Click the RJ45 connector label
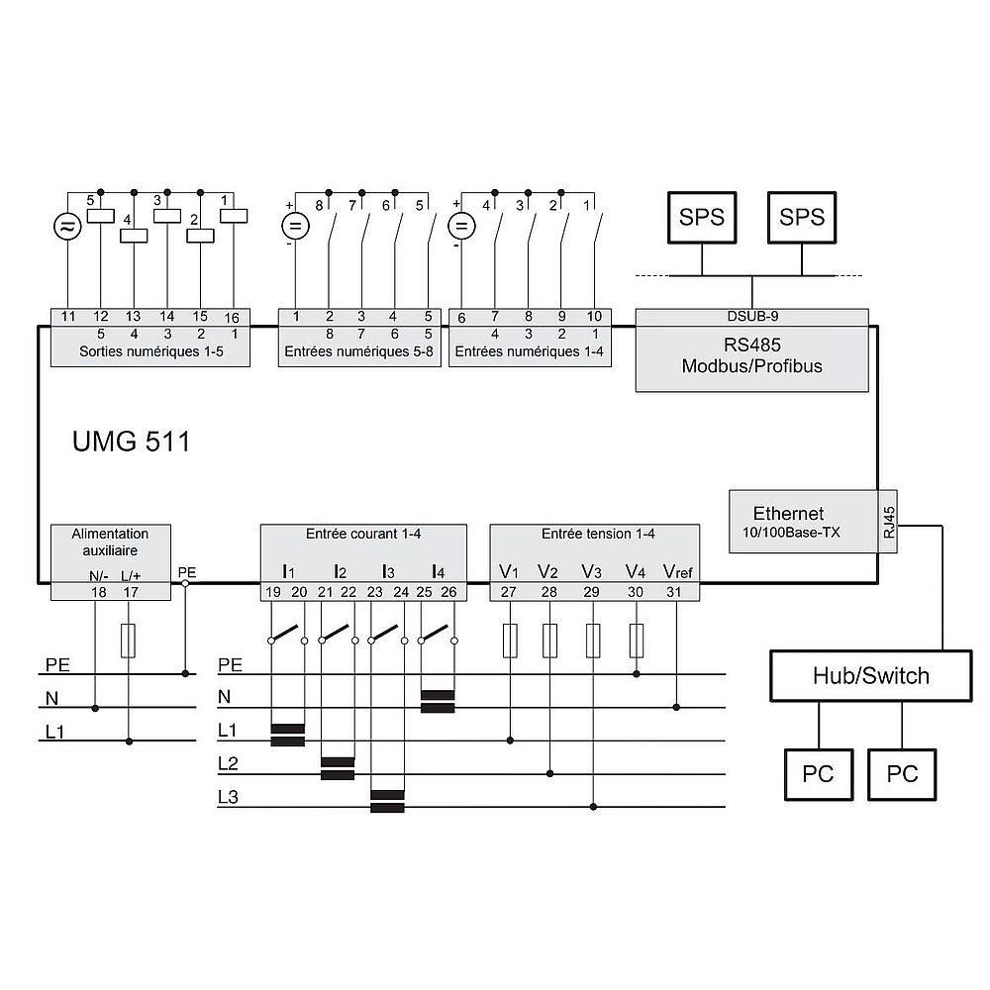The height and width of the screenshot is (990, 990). [888, 522]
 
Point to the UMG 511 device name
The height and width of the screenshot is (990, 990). [132, 442]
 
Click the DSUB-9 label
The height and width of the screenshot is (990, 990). [752, 316]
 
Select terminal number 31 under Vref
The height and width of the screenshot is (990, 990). [673, 592]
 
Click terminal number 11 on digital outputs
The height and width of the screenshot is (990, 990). [68, 317]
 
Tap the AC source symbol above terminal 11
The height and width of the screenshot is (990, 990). [67, 228]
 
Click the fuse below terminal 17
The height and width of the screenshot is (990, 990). [128, 641]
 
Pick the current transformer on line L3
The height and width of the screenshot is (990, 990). [387, 801]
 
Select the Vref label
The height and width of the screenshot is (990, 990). [677, 572]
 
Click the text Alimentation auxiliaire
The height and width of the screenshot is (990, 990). [110, 542]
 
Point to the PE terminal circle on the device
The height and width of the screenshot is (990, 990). [185, 583]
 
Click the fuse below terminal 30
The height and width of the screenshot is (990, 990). [637, 641]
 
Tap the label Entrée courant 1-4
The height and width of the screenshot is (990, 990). [363, 535]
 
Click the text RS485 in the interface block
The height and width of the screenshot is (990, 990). [752, 345]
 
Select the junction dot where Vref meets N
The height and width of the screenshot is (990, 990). [676, 707]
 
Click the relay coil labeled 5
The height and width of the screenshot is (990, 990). [100, 215]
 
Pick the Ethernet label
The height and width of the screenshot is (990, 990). [788, 513]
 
